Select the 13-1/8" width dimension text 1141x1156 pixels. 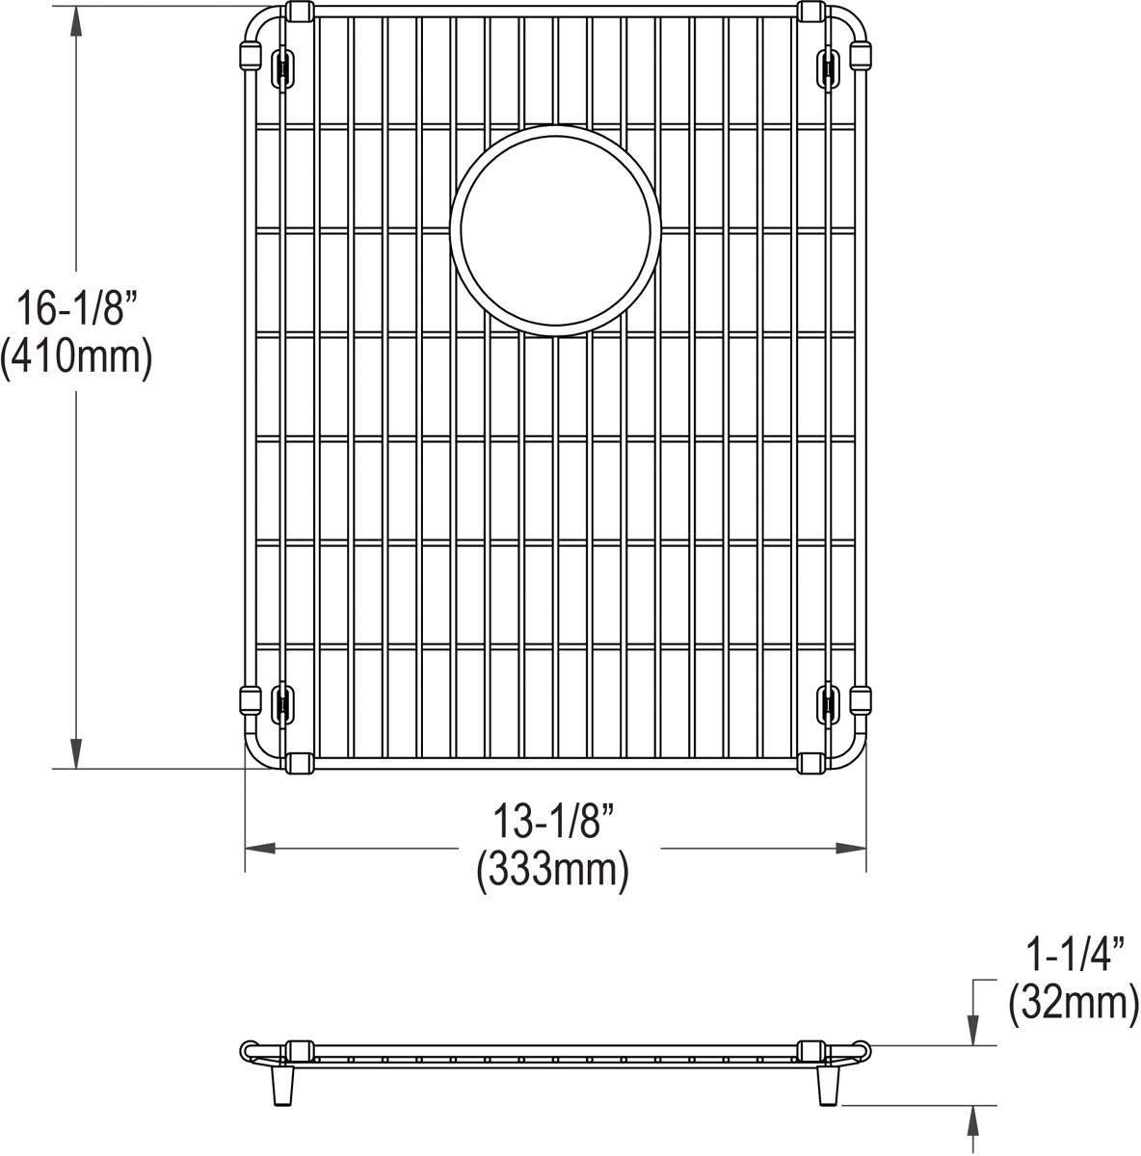click(x=554, y=826)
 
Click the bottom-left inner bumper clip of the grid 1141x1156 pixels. click(x=281, y=702)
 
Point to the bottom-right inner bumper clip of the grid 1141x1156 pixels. click(x=827, y=702)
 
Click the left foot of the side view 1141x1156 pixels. click(x=286, y=1088)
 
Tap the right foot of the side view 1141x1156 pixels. click(x=826, y=1088)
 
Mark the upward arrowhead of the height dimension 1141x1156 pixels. click(x=75, y=19)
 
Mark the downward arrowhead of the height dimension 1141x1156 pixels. click(x=75, y=753)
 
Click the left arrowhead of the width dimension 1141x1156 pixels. click(x=261, y=849)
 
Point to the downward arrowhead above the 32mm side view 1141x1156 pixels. click(x=976, y=1030)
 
